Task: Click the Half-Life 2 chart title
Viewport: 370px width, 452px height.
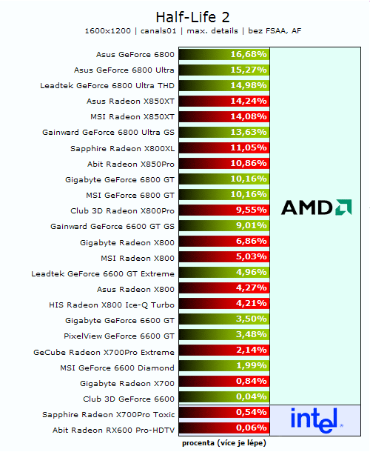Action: (x=185, y=16)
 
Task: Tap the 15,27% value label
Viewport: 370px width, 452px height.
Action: (x=248, y=70)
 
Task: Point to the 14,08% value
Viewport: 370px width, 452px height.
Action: (x=248, y=117)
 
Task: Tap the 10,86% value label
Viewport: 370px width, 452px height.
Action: (x=248, y=164)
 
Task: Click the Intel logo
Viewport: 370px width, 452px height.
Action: (x=316, y=420)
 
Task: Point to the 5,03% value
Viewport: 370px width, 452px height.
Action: (x=251, y=258)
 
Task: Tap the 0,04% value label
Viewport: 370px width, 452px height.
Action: (x=251, y=399)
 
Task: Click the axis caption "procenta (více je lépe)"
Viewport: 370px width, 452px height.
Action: (x=223, y=442)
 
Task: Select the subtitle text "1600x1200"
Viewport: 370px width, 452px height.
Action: (x=108, y=31)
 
